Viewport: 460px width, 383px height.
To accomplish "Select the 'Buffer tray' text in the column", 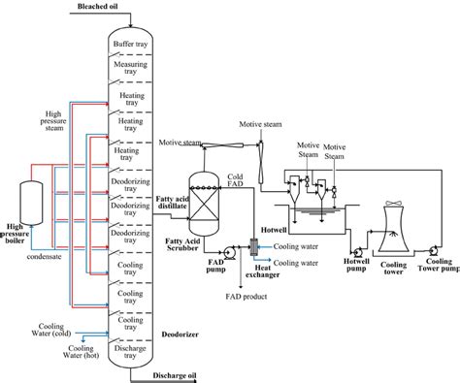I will tap(131, 44).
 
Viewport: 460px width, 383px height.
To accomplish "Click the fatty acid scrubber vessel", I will tap(203, 201).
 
